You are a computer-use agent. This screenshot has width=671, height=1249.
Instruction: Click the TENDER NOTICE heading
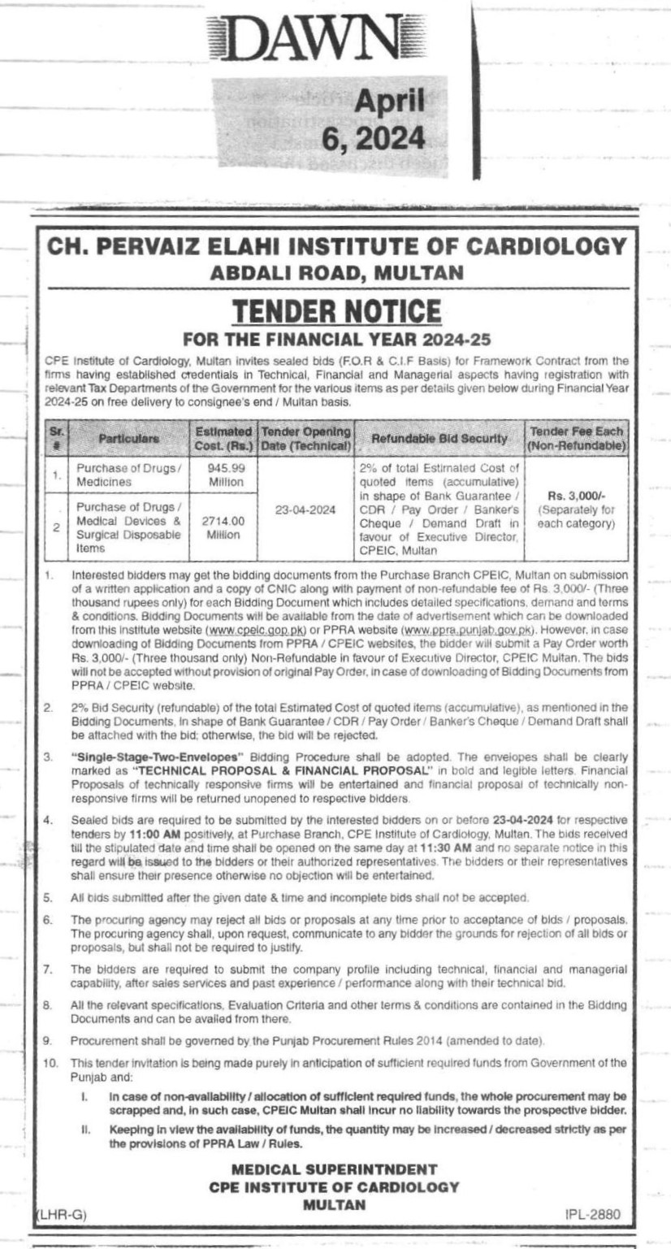click(336, 310)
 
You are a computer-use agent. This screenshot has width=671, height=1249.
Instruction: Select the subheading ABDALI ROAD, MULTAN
click(336, 273)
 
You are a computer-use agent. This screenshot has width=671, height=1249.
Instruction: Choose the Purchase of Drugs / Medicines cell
click(128, 475)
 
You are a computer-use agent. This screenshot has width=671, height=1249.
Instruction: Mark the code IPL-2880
click(592, 1214)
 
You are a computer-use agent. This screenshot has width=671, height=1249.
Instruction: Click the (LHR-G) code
click(62, 1214)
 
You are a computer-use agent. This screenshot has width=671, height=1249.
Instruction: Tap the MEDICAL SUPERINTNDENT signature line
click(335, 1169)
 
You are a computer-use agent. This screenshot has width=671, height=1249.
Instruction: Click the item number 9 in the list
click(48, 1040)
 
